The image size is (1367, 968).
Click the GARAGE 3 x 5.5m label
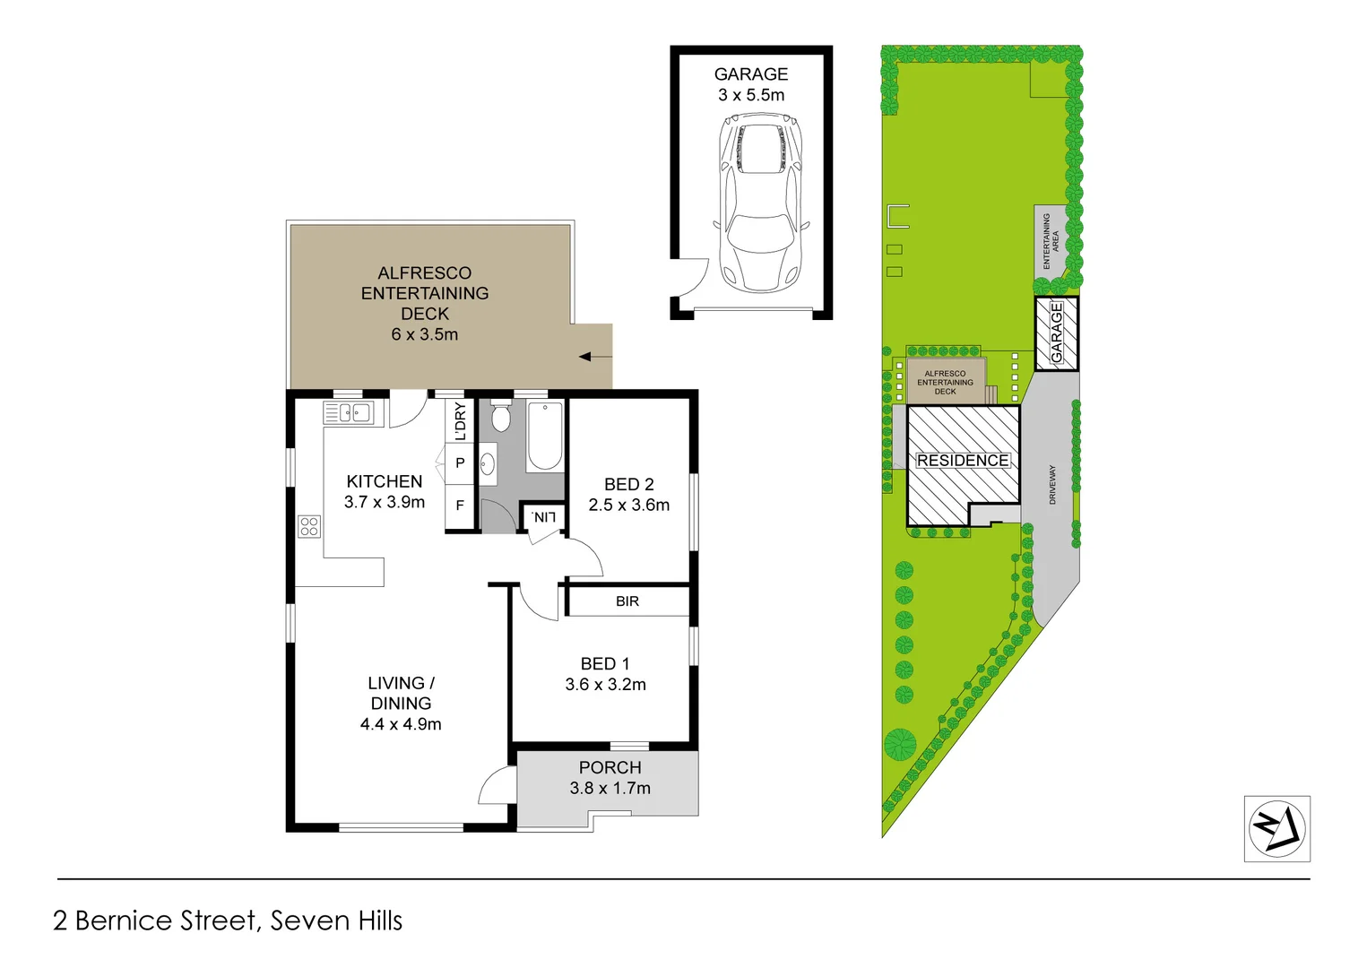pos(751,84)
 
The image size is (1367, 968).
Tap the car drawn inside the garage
pos(761,205)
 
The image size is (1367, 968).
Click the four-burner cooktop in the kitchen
pos(309,526)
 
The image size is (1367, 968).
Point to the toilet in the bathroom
pos(501,418)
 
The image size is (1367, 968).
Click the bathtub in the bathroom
pos(545,436)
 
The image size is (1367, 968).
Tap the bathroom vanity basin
pos(488,464)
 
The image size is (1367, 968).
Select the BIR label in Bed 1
pos(627,601)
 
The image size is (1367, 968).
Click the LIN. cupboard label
pos(543,517)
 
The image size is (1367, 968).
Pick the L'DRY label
pos(461,420)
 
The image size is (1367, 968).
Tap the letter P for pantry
pos(460,463)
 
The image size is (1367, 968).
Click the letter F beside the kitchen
pos(460,506)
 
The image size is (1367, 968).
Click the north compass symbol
pos(1276,829)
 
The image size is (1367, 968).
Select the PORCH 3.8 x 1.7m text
pos(610,778)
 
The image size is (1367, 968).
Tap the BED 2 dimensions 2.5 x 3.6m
pos(629,505)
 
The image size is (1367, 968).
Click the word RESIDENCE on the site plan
pos(963,461)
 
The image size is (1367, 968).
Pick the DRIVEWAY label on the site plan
pos(1052,485)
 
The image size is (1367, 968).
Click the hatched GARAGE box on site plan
pos(1057,333)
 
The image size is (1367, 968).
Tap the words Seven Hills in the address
pos(336,920)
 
